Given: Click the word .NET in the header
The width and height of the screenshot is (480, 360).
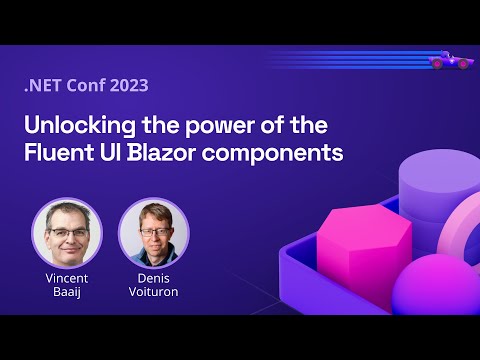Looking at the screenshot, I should (x=42, y=85).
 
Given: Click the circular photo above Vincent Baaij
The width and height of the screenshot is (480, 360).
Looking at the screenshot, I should (x=67, y=232).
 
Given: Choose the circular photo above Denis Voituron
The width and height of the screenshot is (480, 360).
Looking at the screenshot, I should (x=153, y=232).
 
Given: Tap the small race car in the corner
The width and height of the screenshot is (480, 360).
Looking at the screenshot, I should (x=451, y=61).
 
